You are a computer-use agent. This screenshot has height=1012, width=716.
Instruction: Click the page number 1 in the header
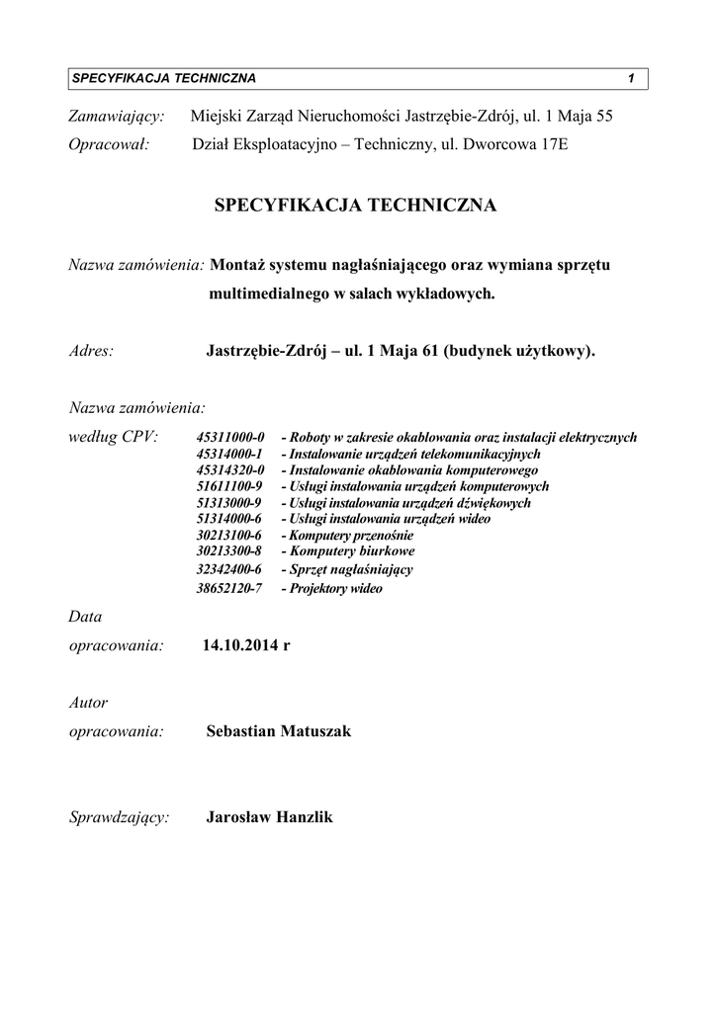coord(630,78)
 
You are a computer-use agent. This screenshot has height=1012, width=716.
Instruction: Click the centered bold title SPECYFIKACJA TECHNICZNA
coord(356,206)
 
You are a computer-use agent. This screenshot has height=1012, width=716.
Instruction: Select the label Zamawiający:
coord(116,117)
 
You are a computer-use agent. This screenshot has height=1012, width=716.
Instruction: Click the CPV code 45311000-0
coord(230,437)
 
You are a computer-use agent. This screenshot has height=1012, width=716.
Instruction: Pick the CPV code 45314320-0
coord(230,470)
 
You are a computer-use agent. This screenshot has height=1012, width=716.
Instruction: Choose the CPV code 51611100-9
coord(229,486)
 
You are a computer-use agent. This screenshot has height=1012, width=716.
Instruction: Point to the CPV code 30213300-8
coord(229,551)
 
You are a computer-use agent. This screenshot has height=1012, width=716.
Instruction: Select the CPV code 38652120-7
coord(229,588)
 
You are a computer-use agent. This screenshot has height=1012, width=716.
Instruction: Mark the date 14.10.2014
coord(240,645)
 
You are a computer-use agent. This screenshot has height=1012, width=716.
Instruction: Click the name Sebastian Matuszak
coord(279,731)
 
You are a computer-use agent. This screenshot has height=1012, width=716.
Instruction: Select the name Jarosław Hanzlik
coord(270,817)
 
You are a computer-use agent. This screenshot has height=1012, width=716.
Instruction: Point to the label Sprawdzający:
coord(119,818)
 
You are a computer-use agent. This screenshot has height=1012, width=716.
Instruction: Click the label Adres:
coord(91,350)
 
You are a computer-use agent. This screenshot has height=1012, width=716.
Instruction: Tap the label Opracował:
coord(108,145)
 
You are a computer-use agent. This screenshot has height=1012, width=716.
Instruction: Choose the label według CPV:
coord(113,436)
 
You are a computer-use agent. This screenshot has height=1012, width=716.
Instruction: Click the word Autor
coord(88,703)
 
